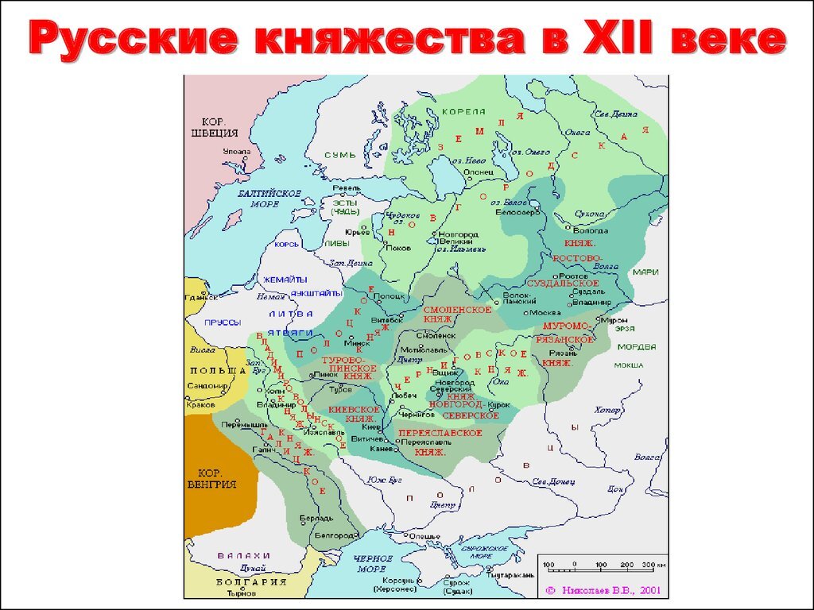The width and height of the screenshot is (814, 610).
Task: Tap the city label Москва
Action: (545, 312)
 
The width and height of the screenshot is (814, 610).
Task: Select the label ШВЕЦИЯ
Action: (211, 133)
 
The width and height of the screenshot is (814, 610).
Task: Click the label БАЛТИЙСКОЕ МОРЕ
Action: (269, 199)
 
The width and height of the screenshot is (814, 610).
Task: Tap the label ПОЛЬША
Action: (218, 371)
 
